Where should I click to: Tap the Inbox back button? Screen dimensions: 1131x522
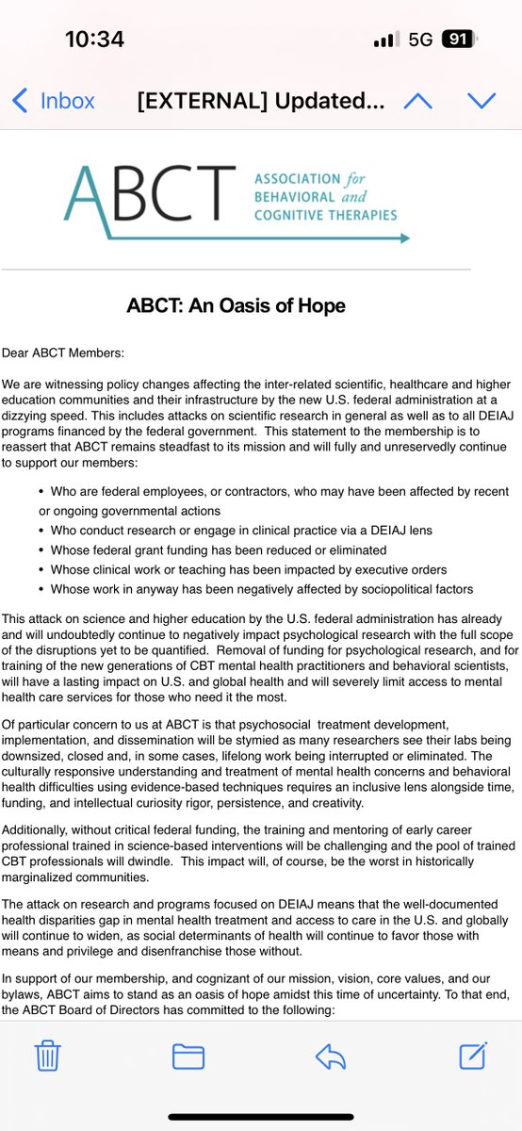pyautogui.click(x=54, y=101)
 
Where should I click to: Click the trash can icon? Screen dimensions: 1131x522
pyautogui.click(x=48, y=1057)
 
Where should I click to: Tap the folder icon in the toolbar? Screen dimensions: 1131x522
pyautogui.click(x=188, y=1057)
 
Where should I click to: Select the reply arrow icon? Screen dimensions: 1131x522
pyautogui.click(x=329, y=1057)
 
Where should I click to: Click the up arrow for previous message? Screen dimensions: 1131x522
pyautogui.click(x=417, y=101)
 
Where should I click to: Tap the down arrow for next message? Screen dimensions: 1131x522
pyautogui.click(x=481, y=101)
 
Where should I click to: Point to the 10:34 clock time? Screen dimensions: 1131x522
pyautogui.click(x=95, y=41)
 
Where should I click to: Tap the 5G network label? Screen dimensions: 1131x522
pyautogui.click(x=419, y=41)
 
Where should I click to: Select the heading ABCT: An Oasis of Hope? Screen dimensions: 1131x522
pyautogui.click(x=236, y=305)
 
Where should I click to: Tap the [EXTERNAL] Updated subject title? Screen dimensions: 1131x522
pyautogui.click(x=260, y=101)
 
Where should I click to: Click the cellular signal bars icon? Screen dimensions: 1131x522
pyautogui.click(x=385, y=41)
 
